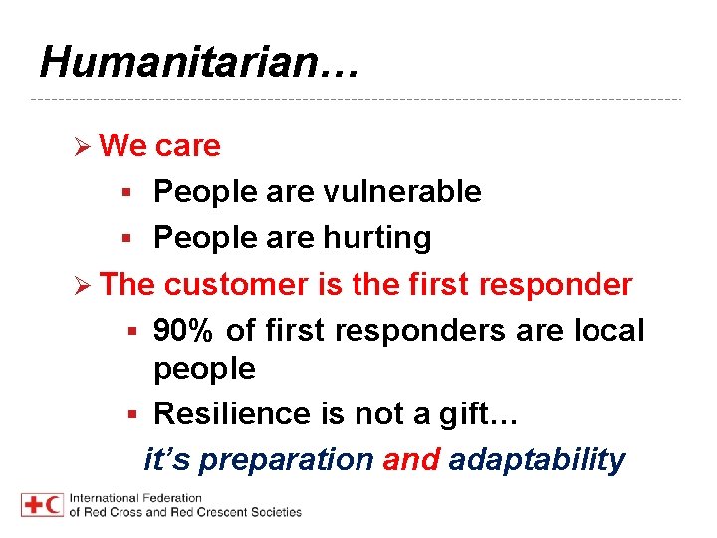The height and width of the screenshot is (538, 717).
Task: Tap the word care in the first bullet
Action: click(x=188, y=146)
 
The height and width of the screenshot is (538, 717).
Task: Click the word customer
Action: click(x=237, y=284)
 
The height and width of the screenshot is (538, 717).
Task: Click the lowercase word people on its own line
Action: click(x=204, y=370)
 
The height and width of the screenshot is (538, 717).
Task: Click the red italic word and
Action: click(x=410, y=459)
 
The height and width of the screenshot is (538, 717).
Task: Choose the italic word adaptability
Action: click(x=537, y=459)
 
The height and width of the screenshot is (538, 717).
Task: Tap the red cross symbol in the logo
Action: click(x=32, y=505)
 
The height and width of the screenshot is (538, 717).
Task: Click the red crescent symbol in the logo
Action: click(x=54, y=505)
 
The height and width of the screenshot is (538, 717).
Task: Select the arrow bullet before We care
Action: click(x=85, y=147)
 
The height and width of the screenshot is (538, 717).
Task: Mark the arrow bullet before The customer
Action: click(x=85, y=285)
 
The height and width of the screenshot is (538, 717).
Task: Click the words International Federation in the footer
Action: click(x=135, y=498)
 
